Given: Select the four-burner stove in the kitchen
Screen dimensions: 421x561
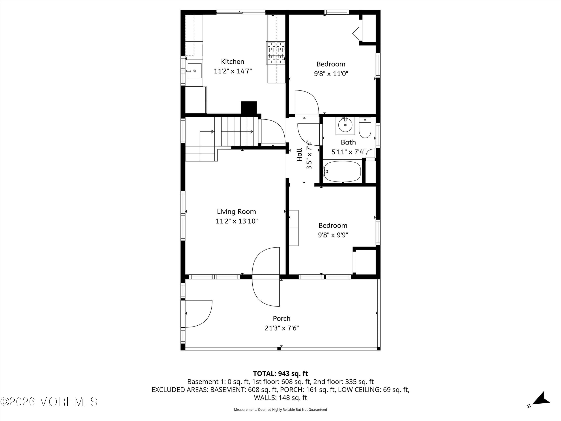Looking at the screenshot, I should pos(276,53).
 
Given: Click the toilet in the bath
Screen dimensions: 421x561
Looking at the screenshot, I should pos(365,128).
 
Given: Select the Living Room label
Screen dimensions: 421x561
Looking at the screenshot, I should pos(236,212).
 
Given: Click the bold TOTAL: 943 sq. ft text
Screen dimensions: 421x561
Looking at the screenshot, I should pos(280,373).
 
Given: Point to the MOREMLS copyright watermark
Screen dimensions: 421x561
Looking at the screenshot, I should pos(49,402).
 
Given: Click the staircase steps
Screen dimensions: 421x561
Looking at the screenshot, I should pos(237,132).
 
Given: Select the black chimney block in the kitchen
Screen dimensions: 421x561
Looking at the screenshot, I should pos(249,108).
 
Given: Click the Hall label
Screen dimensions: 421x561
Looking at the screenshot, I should pos(300,155).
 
